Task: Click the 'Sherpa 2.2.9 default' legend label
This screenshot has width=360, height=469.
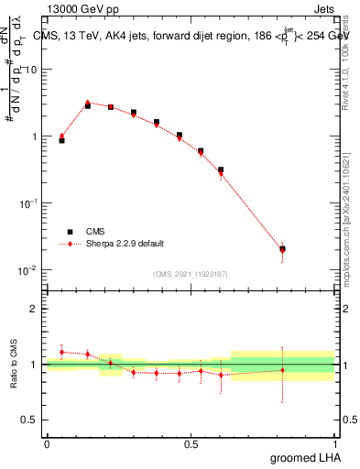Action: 125,244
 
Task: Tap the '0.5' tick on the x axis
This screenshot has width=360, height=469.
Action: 191,442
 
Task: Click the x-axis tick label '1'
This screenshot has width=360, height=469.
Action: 334,442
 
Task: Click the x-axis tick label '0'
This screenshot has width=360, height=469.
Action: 47,442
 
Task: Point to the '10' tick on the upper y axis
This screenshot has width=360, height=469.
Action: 31,70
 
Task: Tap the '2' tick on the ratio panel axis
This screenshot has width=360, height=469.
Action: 34,309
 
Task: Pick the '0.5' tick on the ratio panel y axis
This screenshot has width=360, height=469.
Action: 29,420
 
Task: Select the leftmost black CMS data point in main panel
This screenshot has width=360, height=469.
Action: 61,140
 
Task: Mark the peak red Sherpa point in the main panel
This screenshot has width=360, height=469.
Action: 88,103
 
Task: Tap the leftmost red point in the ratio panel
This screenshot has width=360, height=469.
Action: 61,352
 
